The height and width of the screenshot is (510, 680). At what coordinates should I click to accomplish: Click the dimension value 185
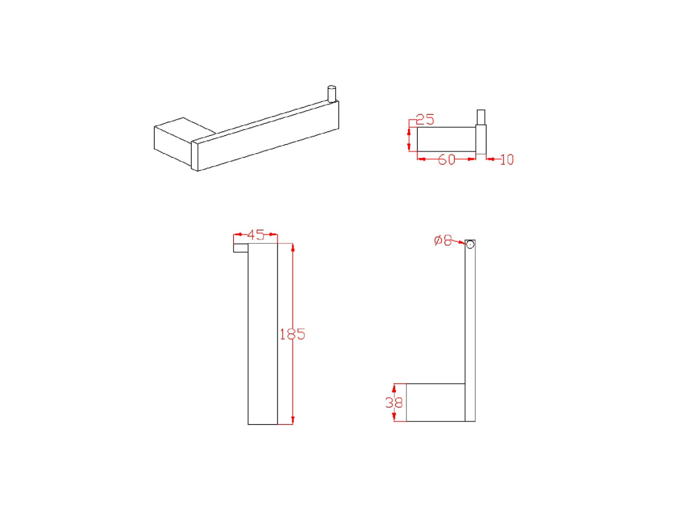[x=292, y=334]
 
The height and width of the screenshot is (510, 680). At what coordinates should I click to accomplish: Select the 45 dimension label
[x=256, y=235]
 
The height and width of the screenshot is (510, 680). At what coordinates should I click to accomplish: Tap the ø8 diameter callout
[x=443, y=240]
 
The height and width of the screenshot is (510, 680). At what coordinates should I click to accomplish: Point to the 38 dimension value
[x=394, y=402]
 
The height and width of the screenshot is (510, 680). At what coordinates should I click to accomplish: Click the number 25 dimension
[x=425, y=119]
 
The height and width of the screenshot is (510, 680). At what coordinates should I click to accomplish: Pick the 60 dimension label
[x=446, y=160]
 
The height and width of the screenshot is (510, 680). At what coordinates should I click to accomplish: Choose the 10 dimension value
[x=506, y=160]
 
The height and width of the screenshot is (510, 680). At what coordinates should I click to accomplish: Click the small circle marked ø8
[x=470, y=245]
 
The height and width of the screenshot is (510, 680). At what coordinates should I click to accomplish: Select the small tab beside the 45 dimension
[x=240, y=247]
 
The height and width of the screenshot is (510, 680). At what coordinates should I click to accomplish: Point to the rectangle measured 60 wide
[x=446, y=139]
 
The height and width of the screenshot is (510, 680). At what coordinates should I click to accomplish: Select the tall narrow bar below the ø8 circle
[x=470, y=331]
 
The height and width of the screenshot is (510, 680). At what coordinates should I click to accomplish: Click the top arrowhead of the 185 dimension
[x=293, y=247]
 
